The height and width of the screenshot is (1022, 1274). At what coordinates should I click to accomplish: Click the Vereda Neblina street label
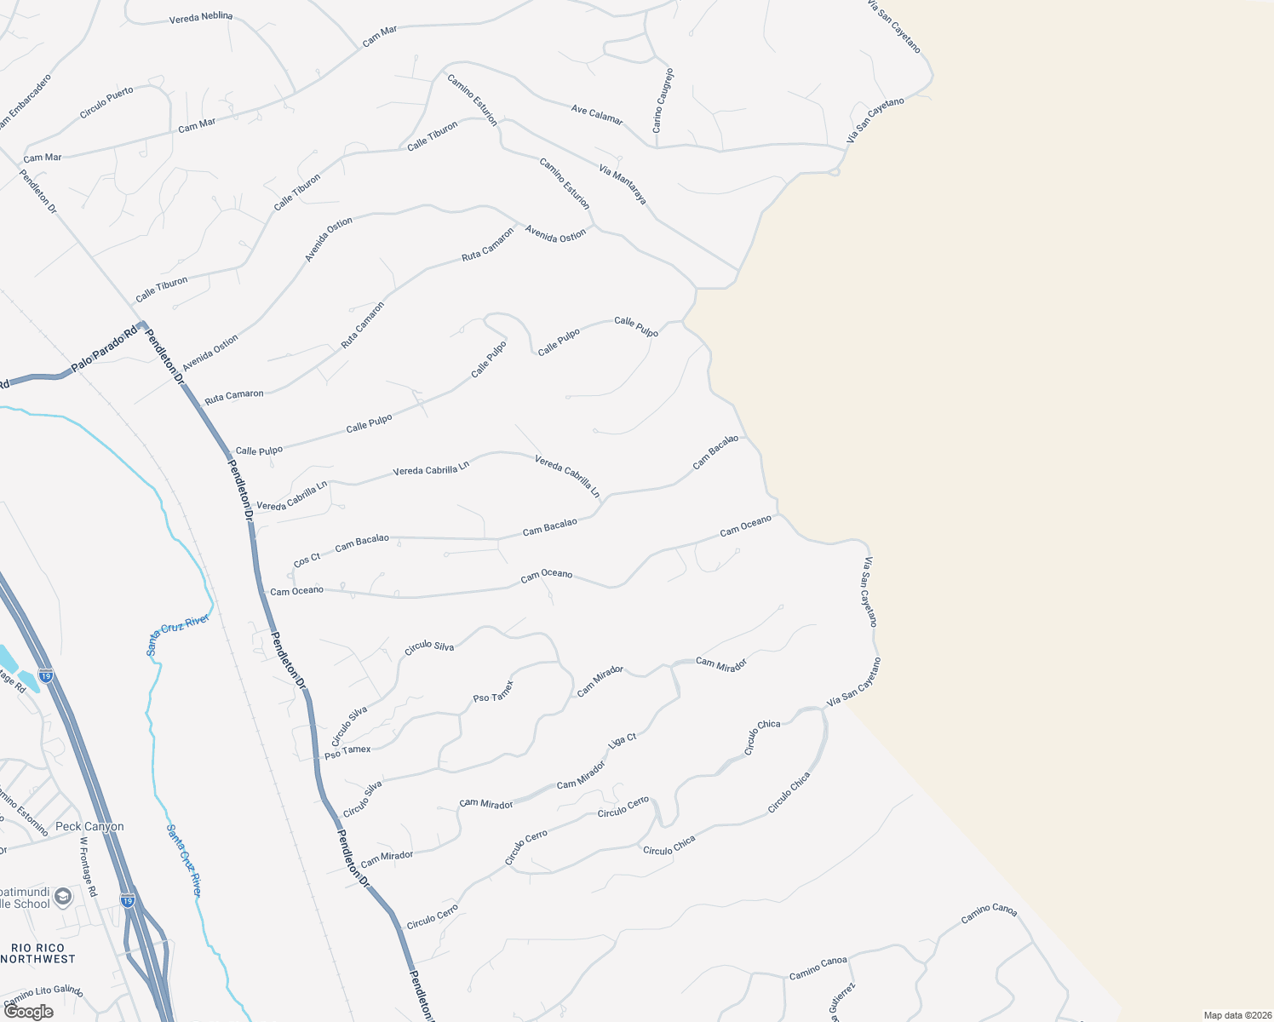(x=201, y=17)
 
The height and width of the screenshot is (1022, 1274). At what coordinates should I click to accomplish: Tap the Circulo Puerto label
(x=106, y=103)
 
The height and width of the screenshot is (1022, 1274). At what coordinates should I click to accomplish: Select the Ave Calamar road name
(x=597, y=114)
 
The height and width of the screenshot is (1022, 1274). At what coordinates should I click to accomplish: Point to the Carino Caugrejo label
(x=663, y=100)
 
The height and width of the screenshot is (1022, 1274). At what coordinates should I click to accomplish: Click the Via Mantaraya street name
(x=623, y=185)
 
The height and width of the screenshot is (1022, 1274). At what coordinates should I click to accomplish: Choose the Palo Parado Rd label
(x=104, y=350)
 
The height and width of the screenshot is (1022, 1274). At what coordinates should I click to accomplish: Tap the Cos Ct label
(x=307, y=560)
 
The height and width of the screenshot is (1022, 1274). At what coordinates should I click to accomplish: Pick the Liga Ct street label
(x=623, y=741)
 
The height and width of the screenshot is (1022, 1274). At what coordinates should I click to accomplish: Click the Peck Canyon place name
(x=89, y=826)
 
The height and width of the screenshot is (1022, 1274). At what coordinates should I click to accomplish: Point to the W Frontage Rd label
(x=89, y=866)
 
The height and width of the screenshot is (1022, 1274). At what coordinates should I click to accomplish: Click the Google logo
(x=28, y=1012)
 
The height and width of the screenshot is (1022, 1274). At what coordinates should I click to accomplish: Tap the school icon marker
(x=63, y=896)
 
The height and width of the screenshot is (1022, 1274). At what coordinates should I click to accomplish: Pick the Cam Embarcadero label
(x=26, y=102)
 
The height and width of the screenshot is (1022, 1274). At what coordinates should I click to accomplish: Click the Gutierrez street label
(x=842, y=1002)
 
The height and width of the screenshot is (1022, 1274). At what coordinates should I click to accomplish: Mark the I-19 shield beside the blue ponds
(x=46, y=676)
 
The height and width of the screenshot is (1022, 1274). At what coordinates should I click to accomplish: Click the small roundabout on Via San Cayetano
(x=835, y=171)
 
